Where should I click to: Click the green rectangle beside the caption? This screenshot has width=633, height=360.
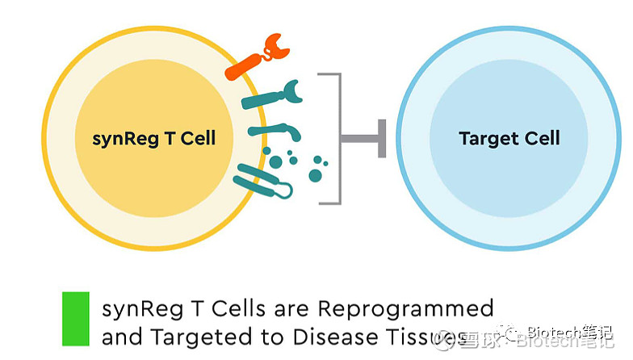coord(76,319)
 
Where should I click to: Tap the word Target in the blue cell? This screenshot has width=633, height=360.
coord(487,138)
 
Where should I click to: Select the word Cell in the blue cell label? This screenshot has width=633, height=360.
coord(540,138)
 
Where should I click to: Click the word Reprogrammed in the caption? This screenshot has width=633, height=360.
coord(405,309)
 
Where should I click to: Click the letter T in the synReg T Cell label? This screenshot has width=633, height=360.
coord(167,138)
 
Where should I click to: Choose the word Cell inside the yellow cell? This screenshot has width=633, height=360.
coord(198,138)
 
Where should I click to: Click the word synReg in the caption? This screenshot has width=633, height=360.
coord(133,310)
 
